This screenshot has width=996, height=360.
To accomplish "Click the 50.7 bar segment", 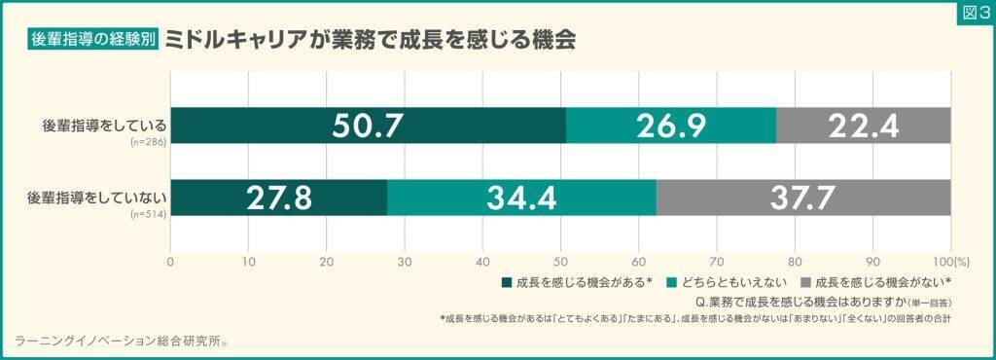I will coord(368,126).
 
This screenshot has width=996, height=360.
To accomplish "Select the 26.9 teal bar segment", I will coord(671,126).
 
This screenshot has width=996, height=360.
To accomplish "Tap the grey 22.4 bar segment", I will coord(864,126).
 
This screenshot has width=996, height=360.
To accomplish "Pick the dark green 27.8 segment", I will coord(278,198).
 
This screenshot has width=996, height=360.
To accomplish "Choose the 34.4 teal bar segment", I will coord(521,198).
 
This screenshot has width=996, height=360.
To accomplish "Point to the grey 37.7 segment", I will coord(803,198).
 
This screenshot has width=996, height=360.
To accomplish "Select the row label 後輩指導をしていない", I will coord(98,196).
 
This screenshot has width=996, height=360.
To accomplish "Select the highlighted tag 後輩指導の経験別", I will coord(93,40).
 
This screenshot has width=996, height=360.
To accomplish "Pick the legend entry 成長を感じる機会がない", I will coord(876,282).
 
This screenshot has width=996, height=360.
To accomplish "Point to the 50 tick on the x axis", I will coord(561,260).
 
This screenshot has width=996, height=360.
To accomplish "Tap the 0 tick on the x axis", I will coord(170,260).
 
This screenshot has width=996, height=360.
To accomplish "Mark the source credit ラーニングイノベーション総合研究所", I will coord(119,341).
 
